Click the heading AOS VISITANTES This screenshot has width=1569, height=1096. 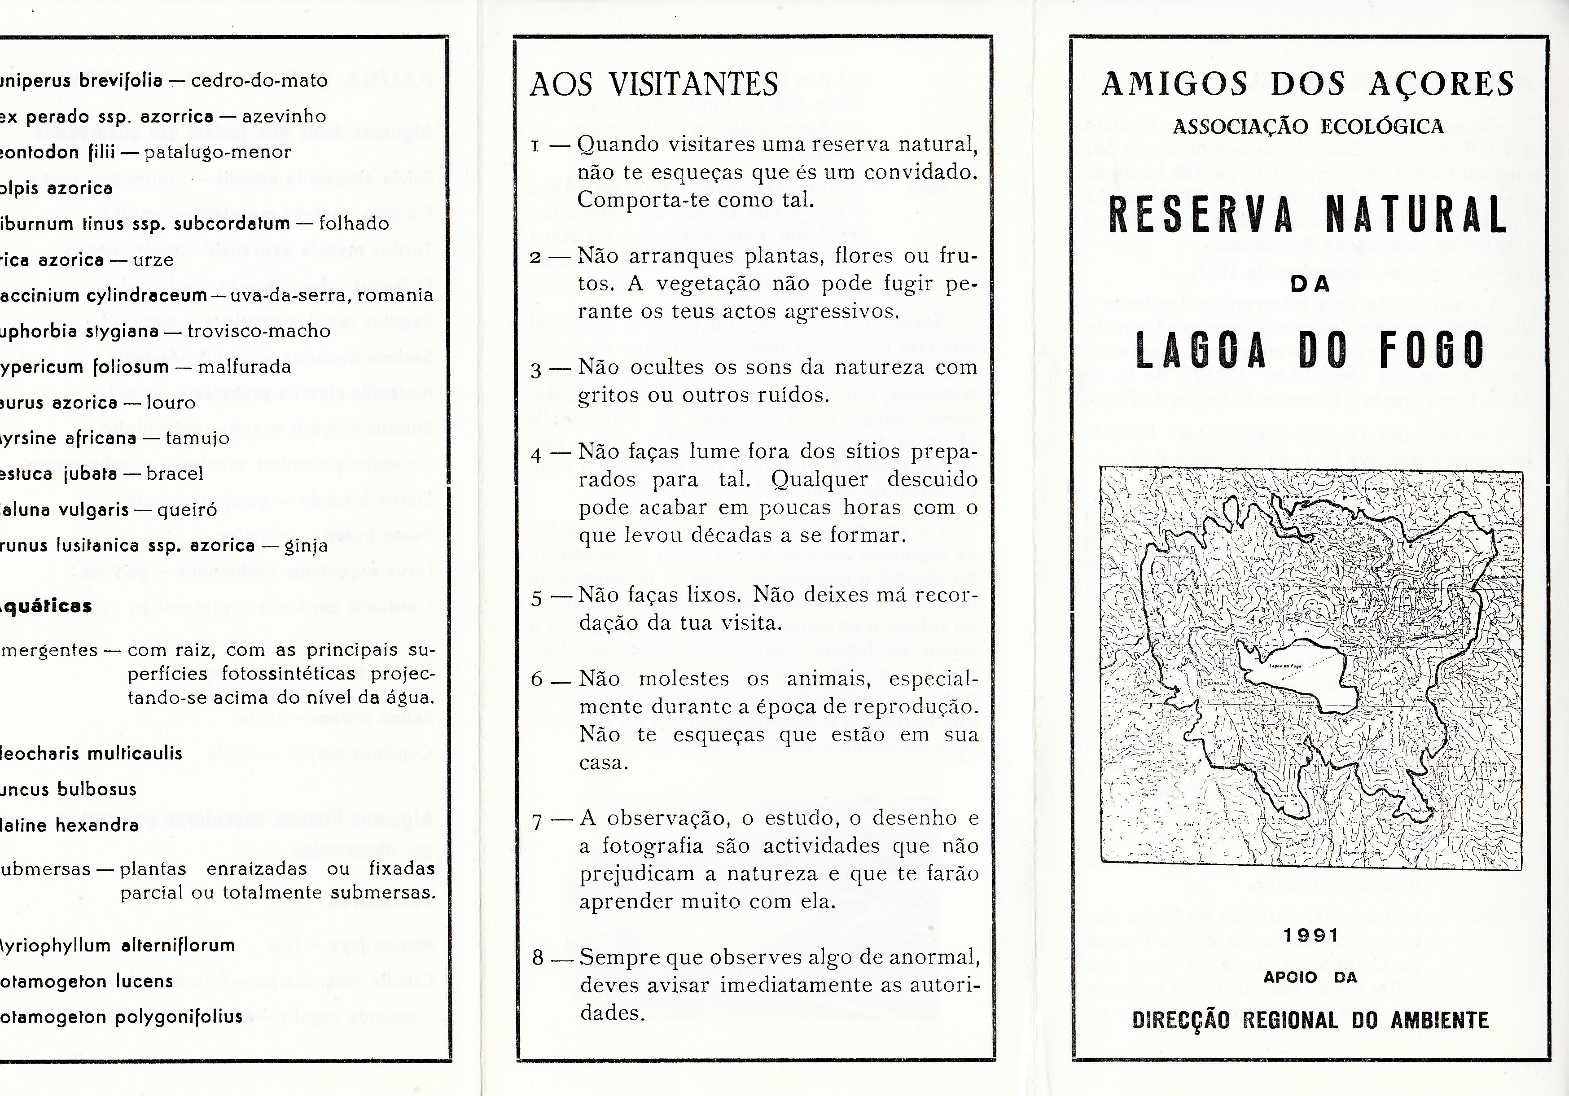654,85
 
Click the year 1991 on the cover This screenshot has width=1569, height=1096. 1310,935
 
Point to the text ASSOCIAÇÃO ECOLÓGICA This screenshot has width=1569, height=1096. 1309,127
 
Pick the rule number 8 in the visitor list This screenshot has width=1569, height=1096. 538,958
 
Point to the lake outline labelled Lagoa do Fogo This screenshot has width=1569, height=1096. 1292,676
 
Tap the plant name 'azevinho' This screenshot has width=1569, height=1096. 284,117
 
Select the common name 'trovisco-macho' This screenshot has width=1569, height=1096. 259,331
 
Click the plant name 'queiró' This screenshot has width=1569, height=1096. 187,510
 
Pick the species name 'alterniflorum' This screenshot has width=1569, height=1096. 178,946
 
